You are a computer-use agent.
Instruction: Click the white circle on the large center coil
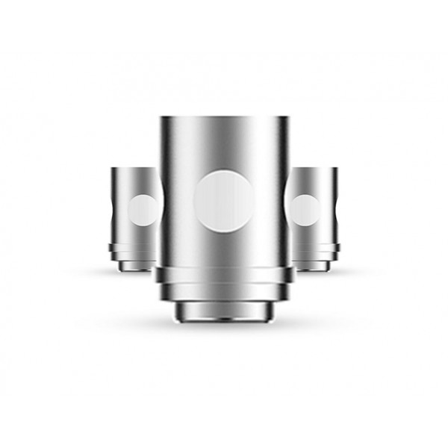[x=224, y=201]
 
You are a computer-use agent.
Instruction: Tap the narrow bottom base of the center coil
[x=224, y=312]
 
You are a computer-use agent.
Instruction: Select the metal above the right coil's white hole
[x=312, y=181]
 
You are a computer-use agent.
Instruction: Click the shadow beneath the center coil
[x=224, y=329]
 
